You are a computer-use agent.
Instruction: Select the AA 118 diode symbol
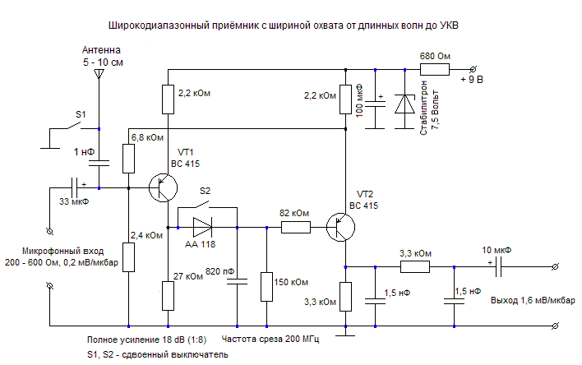(x=202, y=224)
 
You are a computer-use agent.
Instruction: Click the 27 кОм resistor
(x=168, y=293)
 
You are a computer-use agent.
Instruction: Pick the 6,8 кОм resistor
(x=129, y=158)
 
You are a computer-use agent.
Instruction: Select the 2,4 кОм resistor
(x=129, y=256)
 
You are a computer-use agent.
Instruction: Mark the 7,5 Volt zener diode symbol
(x=404, y=105)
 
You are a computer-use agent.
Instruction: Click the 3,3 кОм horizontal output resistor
(x=414, y=266)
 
